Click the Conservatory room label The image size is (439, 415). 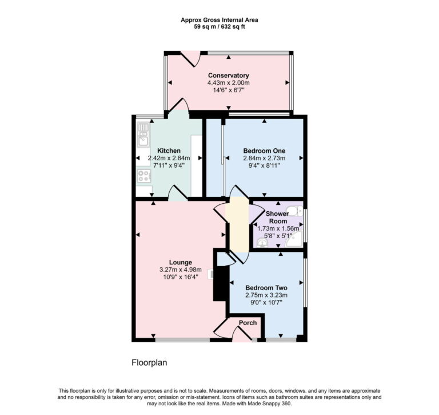tap(228, 76)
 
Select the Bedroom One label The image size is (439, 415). tap(264, 151)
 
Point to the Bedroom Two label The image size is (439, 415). tap(266, 288)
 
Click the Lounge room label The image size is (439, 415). tap(180, 262)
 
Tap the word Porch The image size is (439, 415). tap(248, 323)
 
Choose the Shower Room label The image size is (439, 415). tap(278, 218)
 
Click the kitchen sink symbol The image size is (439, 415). tap(142, 138)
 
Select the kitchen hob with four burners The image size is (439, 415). tap(143, 176)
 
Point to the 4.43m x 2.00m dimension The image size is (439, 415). tap(228, 83)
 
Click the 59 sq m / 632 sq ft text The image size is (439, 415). tap(219, 26)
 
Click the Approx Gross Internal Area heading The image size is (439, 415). tap(219, 19)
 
